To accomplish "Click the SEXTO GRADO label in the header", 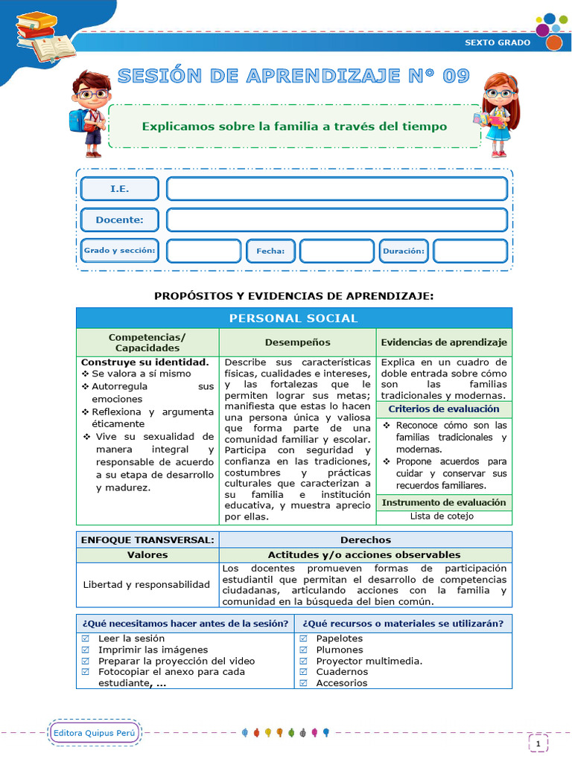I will click(498, 42).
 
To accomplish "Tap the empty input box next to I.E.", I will click(337, 189).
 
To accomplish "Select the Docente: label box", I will click(119, 220).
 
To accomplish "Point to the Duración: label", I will click(403, 251).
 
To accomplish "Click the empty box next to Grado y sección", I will click(203, 251).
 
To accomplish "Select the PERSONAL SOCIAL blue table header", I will click(293, 318).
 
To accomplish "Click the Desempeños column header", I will click(297, 342).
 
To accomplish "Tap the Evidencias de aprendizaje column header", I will click(444, 342).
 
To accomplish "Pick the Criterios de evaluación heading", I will click(444, 409).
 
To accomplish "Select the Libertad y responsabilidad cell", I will click(147, 584).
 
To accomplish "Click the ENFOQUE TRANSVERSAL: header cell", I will click(147, 540).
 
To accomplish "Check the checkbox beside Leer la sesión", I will click(85, 638).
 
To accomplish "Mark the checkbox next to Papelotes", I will click(304, 638).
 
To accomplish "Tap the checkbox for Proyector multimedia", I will click(304, 661).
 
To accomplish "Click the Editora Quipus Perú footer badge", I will click(95, 733).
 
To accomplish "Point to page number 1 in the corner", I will click(538, 742).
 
